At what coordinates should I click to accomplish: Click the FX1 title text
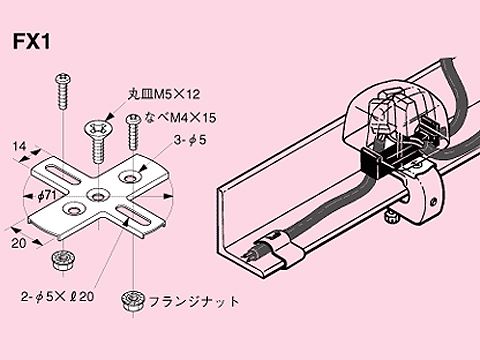tap(32, 44)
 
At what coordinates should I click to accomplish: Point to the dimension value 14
tap(20, 147)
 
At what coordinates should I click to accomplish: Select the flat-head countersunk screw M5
tap(98, 140)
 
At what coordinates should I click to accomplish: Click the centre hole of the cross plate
tap(99, 193)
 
